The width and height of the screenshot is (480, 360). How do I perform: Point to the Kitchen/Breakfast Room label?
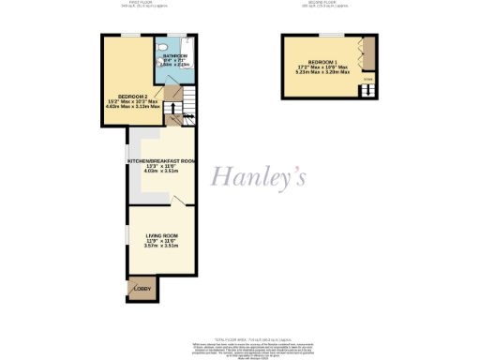click(x=161, y=160)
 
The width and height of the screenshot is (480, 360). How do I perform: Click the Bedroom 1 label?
click(x=323, y=61)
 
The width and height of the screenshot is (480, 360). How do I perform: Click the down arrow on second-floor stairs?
click(x=367, y=81)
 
